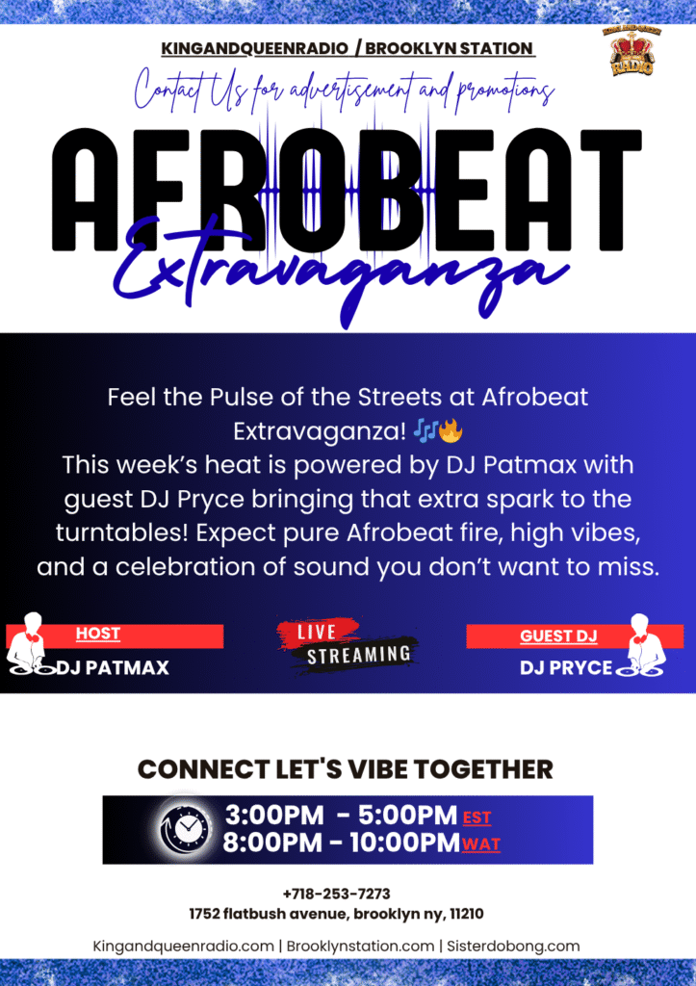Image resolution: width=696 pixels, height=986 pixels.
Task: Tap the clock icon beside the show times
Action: click(x=186, y=828)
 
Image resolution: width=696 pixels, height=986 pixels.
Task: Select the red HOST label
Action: click(x=98, y=634)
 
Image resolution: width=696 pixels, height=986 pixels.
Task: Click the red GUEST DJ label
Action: click(x=558, y=636)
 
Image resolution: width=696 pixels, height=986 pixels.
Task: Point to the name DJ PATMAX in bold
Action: click(x=114, y=667)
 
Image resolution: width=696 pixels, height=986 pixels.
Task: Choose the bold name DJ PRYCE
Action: click(x=566, y=668)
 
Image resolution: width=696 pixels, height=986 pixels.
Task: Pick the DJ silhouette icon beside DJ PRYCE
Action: click(x=640, y=646)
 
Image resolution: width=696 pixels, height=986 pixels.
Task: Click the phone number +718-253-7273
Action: click(x=336, y=894)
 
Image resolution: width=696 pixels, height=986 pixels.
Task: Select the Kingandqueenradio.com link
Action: click(x=183, y=946)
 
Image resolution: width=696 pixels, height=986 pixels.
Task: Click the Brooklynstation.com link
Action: click(x=360, y=946)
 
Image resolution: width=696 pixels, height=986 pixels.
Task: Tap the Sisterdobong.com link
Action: click(x=513, y=946)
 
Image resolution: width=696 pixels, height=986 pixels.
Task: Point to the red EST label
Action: click(x=477, y=818)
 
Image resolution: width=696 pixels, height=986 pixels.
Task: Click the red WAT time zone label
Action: click(x=481, y=844)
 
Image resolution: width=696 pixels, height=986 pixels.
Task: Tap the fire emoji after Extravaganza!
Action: click(x=451, y=431)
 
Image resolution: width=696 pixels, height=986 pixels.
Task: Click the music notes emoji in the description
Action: click(x=425, y=431)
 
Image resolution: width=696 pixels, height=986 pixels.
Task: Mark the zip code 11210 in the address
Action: click(x=467, y=914)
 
